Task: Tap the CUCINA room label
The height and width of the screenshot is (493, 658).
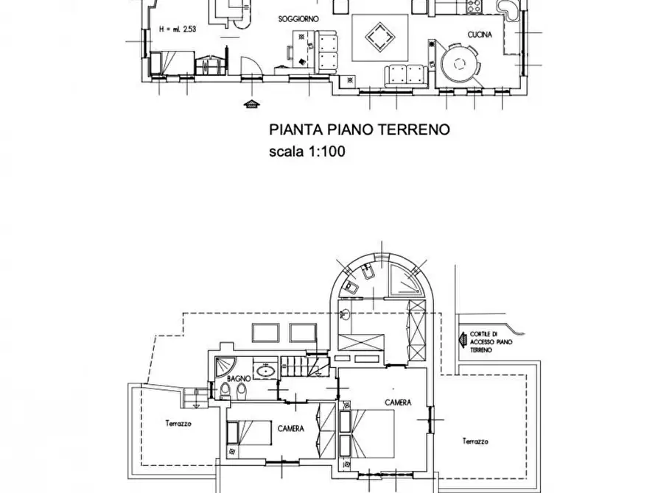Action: [x=480, y=35]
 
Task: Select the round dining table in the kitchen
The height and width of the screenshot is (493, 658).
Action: [x=460, y=64]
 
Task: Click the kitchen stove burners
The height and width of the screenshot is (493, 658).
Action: [x=472, y=6]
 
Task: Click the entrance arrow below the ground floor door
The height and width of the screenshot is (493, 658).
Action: [x=253, y=104]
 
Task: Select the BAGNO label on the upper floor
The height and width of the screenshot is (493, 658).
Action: [x=239, y=378]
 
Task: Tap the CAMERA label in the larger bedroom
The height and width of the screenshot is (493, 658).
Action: [x=397, y=402]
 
